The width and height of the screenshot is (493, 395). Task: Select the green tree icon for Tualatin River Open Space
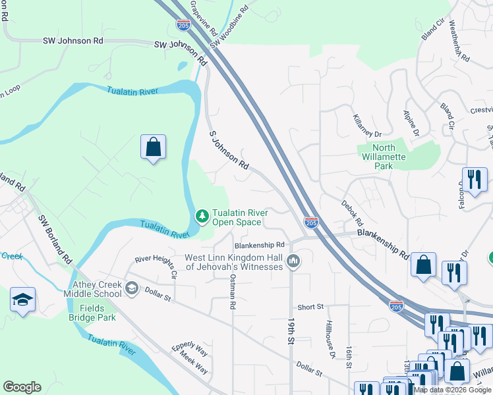202,216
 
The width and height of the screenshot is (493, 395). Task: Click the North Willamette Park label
384,157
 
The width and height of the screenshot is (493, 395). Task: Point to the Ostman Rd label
232,292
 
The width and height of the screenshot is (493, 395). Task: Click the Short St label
310,307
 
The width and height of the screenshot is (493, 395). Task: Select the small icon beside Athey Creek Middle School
132,288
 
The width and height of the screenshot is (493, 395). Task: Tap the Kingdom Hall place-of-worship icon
294,262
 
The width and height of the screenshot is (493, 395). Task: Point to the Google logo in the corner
22,387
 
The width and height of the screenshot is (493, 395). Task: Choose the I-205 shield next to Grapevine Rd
184,25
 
